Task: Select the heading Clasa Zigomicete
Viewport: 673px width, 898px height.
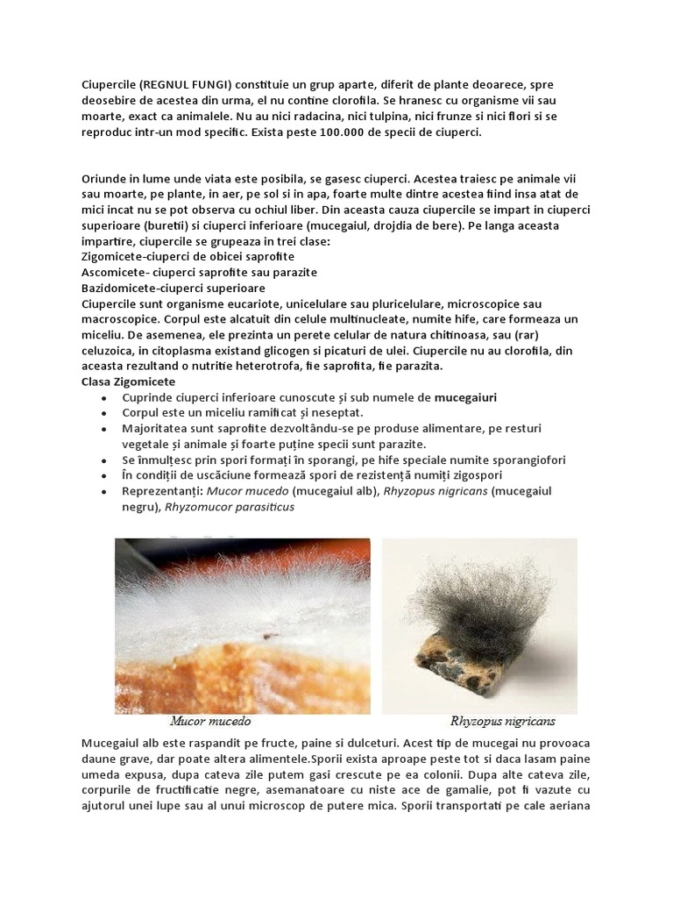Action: pos(128,381)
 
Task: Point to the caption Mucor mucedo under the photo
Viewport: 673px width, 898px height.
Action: pos(210,722)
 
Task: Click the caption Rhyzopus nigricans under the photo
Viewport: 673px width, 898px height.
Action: pos(502,722)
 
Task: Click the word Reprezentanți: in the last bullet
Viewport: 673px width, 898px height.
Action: pos(163,491)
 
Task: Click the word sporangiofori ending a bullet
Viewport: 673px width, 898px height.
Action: pos(525,460)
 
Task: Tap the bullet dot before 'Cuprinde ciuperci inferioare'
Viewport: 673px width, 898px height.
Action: pos(104,398)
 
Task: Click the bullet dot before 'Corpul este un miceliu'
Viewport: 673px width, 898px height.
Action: pos(104,413)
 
